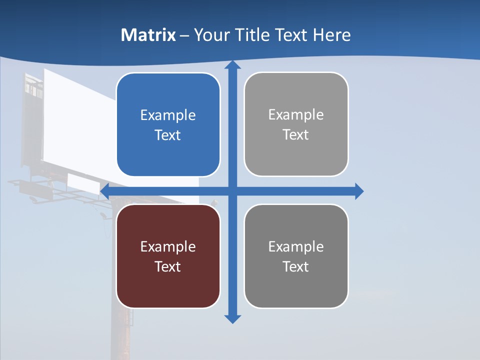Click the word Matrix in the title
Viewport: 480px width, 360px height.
coord(148,35)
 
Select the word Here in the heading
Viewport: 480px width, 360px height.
coord(332,35)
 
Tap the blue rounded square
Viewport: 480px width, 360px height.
coord(168,124)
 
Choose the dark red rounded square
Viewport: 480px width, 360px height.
coord(168,255)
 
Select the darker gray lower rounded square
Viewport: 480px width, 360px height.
coord(296,255)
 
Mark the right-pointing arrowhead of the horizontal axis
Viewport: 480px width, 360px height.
coord(358,191)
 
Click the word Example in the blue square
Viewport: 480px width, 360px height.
coord(168,115)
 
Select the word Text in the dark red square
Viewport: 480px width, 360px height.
coord(168,266)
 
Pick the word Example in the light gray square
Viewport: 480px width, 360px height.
coord(296,115)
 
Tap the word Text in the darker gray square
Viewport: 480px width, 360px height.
coord(296,266)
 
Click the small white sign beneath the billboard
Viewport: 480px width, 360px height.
coord(83,183)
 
